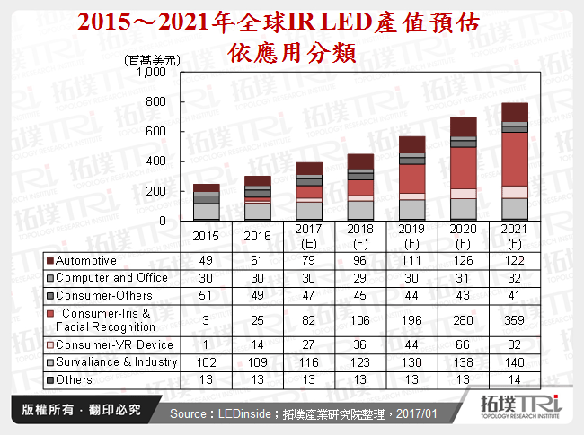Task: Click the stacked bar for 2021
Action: coord(515,161)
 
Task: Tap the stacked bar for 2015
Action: coord(207,202)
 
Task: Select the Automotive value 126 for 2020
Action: coord(463,260)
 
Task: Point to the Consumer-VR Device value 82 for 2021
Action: coord(515,345)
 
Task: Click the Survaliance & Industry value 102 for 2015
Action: coord(207,362)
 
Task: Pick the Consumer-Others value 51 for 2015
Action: coord(207,294)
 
